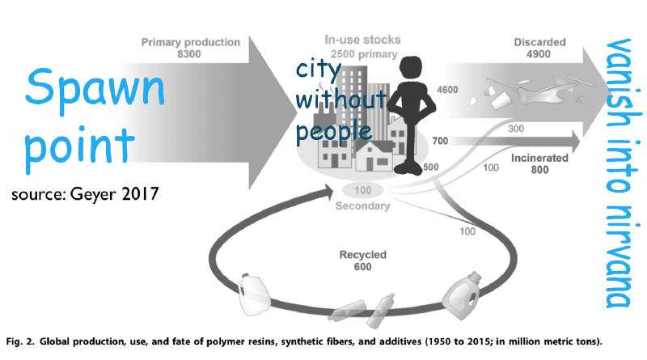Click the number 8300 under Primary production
click(x=189, y=54)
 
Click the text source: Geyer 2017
click(x=85, y=193)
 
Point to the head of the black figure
click(x=411, y=68)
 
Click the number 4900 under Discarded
click(x=539, y=54)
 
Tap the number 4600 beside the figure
click(x=447, y=90)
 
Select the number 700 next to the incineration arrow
click(x=440, y=141)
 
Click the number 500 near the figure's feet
click(x=431, y=167)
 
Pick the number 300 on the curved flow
click(x=516, y=129)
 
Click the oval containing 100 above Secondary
click(x=362, y=190)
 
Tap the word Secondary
click(x=362, y=205)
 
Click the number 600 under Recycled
click(x=362, y=267)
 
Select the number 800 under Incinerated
click(x=539, y=170)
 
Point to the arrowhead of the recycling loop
click(x=328, y=192)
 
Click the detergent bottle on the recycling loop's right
click(x=461, y=295)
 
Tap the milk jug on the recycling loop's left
click(x=253, y=294)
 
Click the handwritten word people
click(x=334, y=132)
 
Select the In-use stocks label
click(x=362, y=40)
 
